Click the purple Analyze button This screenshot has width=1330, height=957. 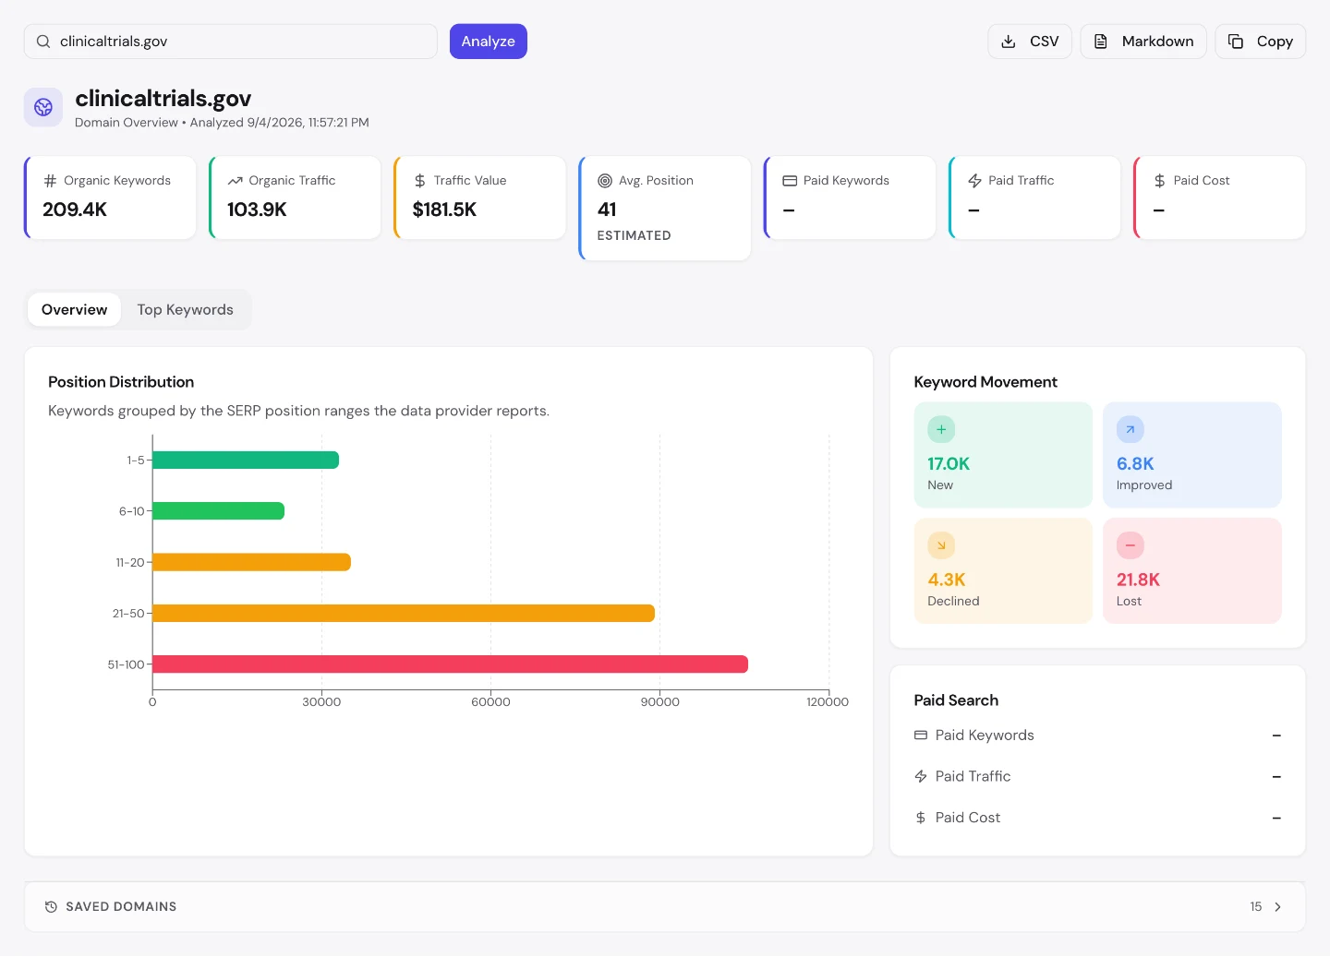click(488, 41)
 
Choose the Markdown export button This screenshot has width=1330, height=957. click(1143, 41)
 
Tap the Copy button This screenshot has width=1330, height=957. click(1260, 41)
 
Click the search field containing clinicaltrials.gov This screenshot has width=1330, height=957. click(230, 41)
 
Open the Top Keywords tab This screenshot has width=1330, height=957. click(186, 309)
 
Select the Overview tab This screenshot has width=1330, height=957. click(74, 309)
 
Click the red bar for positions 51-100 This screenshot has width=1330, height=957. click(450, 664)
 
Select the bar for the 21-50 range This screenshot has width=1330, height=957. click(404, 613)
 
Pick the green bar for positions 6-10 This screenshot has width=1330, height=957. click(219, 511)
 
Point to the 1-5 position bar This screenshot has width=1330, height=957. click(246, 460)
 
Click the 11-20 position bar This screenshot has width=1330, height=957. click(252, 562)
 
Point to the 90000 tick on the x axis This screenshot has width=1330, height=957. click(659, 701)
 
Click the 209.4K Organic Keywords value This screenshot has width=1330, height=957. click(75, 209)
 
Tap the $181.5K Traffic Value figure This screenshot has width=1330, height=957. click(444, 209)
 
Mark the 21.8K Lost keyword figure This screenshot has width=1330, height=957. click(1138, 579)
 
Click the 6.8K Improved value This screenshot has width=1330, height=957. click(1134, 463)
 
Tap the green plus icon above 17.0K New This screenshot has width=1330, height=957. click(941, 429)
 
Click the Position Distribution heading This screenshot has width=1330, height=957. click(121, 381)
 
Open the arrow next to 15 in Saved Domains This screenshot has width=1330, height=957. click(1277, 906)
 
